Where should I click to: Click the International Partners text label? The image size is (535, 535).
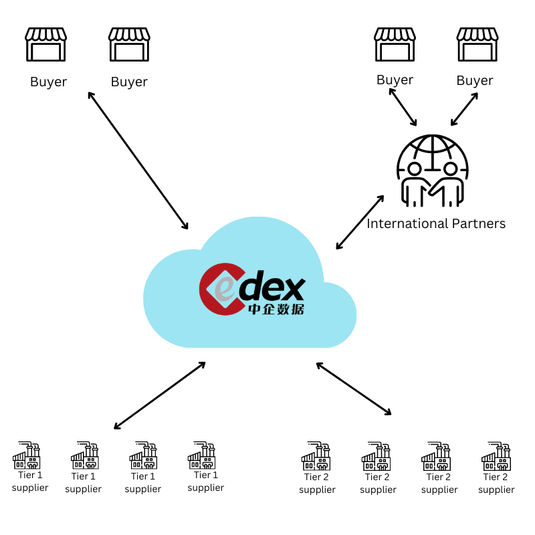[x=436, y=223]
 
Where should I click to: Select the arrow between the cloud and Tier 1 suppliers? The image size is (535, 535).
[x=159, y=395]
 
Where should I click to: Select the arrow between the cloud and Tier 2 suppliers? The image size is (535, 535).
[x=354, y=389]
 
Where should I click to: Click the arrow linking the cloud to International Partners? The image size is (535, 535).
[x=360, y=222]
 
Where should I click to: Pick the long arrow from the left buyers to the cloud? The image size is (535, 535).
[x=138, y=160]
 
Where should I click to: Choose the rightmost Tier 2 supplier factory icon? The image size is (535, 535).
[x=496, y=456]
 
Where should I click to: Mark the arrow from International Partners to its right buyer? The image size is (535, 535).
[x=464, y=108]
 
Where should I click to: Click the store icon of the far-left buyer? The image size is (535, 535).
[x=45, y=44]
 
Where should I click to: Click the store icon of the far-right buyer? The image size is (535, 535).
[x=477, y=44]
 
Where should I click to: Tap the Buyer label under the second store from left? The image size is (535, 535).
[x=129, y=82]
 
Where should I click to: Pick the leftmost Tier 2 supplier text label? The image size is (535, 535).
[x=317, y=483]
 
